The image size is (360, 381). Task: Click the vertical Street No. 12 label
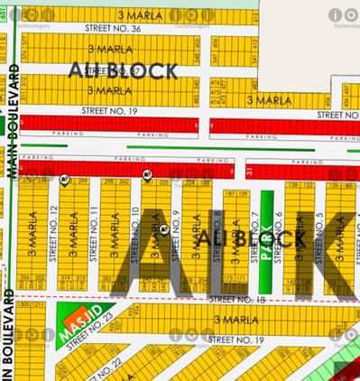point(54,227)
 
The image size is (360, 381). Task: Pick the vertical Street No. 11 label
point(95,227)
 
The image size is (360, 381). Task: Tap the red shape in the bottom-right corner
point(342,367)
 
